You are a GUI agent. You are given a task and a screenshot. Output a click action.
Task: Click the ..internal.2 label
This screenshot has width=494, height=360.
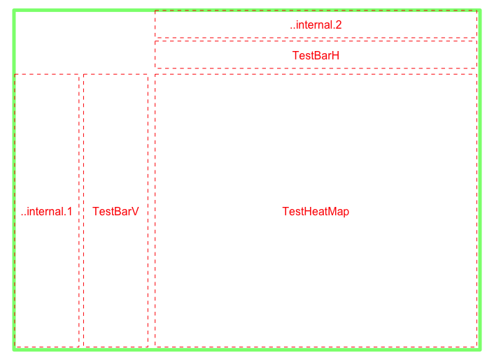(x=316, y=24)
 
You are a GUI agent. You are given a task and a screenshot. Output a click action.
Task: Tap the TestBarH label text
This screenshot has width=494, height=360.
(x=316, y=55)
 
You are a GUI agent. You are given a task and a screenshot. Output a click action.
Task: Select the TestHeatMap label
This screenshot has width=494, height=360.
(x=316, y=211)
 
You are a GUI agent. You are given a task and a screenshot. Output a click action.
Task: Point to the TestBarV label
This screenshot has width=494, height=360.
(x=115, y=211)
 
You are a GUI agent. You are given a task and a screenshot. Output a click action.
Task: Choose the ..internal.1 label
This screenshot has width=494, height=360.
(x=47, y=211)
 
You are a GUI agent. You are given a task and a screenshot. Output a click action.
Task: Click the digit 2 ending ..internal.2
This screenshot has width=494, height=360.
(x=339, y=24)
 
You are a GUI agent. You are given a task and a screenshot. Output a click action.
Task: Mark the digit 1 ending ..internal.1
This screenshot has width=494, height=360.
(x=70, y=211)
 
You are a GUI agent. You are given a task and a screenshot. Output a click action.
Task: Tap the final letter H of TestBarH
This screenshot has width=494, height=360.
(x=336, y=55)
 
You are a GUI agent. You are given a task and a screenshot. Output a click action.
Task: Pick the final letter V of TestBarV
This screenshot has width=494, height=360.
(x=135, y=211)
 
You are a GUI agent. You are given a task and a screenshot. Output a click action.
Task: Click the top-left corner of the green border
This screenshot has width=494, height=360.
(x=14, y=10)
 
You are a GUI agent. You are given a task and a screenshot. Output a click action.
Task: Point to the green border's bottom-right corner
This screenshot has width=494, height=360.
(x=480, y=350)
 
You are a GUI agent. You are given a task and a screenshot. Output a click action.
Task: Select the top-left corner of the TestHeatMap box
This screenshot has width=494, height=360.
(x=155, y=75)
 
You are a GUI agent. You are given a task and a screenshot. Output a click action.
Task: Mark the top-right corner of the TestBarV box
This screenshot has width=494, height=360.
(x=148, y=75)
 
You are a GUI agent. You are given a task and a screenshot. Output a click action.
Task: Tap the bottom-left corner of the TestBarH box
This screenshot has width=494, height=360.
(x=155, y=68)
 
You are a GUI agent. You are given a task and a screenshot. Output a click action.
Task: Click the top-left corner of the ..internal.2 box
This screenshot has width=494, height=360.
(x=155, y=10)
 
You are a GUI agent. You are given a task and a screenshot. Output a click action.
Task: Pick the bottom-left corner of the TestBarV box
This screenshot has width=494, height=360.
(x=84, y=347)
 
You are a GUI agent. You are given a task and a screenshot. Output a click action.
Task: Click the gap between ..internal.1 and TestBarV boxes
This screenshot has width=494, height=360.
(x=81, y=211)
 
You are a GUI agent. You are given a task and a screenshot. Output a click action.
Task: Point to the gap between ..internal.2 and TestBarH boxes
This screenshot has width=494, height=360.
(x=316, y=39)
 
